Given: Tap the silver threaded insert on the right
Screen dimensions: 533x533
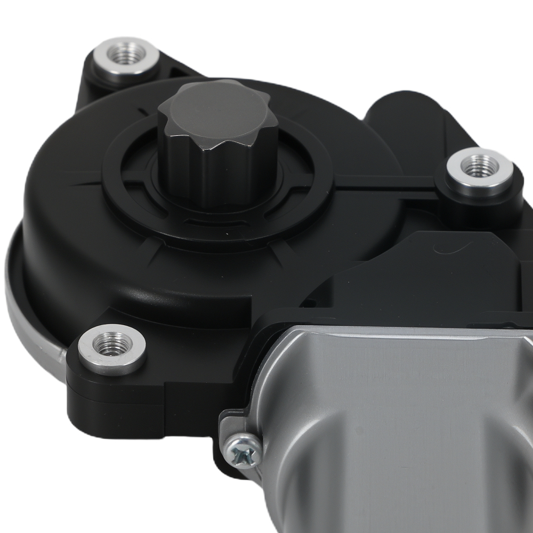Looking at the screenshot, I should [x=479, y=169].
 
